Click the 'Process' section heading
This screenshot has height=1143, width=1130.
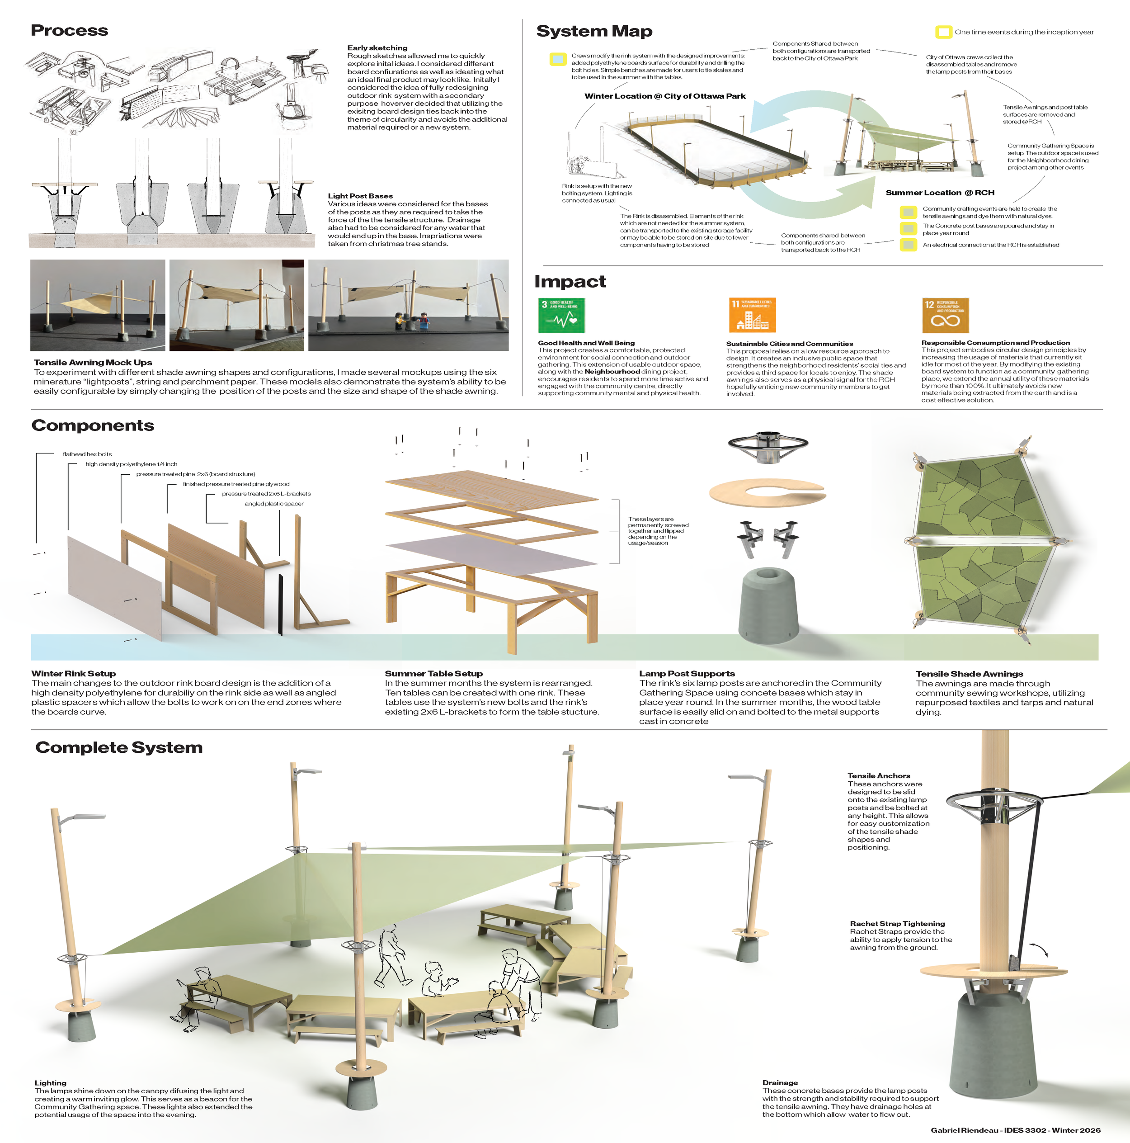(69, 31)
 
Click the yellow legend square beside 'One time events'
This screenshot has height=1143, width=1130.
(943, 32)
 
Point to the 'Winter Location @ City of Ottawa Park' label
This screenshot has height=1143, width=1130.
(664, 96)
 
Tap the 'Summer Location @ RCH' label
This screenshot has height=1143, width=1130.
(940, 193)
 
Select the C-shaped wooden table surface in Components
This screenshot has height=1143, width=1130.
(767, 491)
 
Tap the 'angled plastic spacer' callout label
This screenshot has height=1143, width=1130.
(274, 504)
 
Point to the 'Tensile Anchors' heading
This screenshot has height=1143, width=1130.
(879, 775)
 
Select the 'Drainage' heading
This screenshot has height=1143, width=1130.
(780, 1083)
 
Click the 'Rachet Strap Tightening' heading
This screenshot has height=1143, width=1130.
(897, 924)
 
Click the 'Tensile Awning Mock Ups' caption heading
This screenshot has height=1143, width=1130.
(93, 363)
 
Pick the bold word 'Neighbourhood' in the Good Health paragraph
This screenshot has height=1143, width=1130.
(612, 372)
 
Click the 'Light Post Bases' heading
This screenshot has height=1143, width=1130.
(360, 196)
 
